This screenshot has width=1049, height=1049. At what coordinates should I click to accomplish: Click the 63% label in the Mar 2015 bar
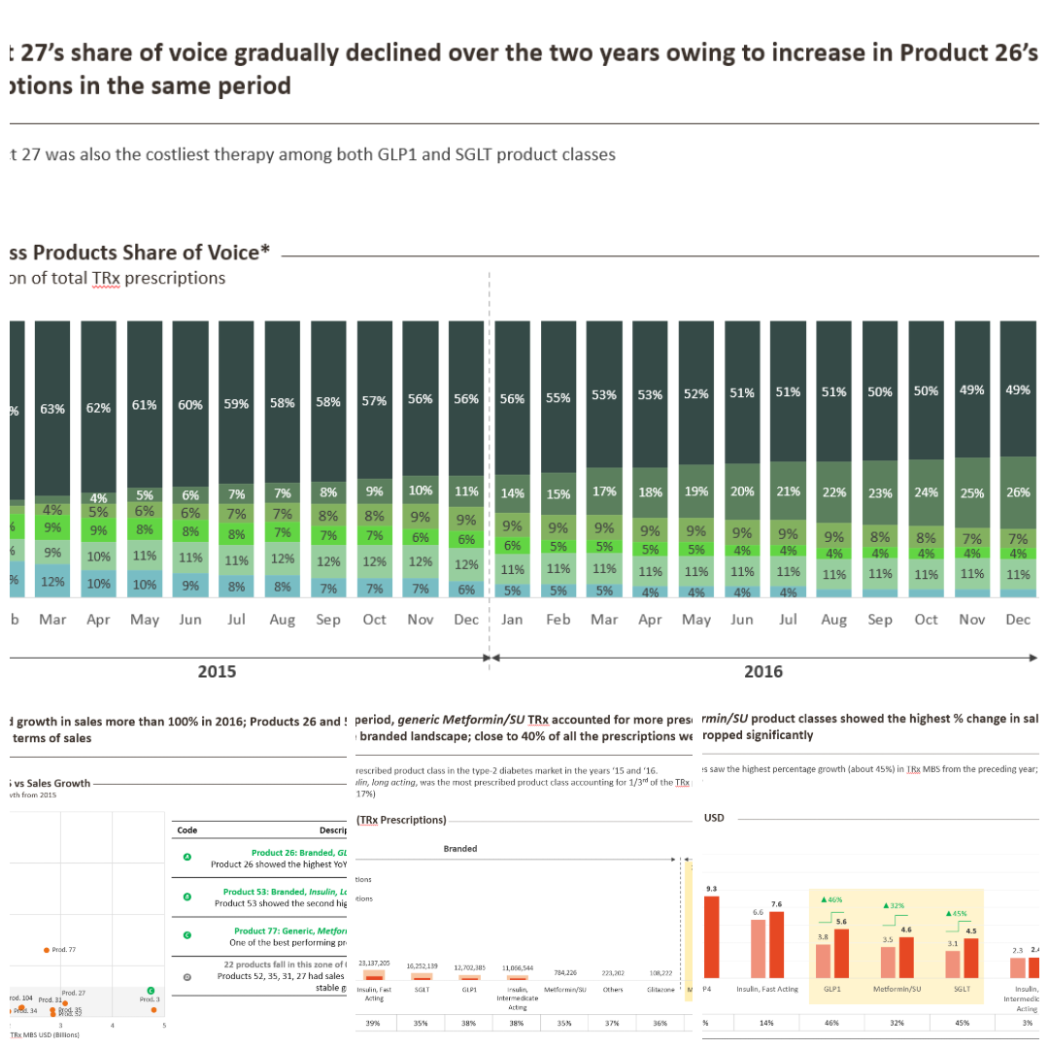coord(52,409)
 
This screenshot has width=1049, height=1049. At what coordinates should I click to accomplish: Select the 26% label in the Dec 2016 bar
coord(1018,492)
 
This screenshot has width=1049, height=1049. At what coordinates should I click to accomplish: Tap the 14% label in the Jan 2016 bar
coord(513,493)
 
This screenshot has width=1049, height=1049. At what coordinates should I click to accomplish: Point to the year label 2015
coord(217,672)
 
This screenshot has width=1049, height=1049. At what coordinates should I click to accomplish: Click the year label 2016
coord(763,672)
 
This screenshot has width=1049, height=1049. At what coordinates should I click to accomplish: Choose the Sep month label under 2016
coord(880,620)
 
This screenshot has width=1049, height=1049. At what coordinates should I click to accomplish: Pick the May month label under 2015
coord(145,620)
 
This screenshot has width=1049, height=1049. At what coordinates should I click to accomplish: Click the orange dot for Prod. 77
coord(47,950)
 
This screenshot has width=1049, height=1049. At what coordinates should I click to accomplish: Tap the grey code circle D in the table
coord(187,977)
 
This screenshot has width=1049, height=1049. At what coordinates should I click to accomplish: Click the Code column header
coord(187,830)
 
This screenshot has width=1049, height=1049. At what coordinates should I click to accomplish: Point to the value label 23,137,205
coord(374,963)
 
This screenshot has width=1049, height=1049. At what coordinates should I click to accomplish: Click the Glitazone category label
coord(660,989)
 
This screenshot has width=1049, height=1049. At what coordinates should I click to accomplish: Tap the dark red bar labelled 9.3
coord(712,936)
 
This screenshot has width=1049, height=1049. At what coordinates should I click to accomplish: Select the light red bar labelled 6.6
coord(759,948)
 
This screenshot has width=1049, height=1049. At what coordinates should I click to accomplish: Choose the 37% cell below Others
coord(613,1023)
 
